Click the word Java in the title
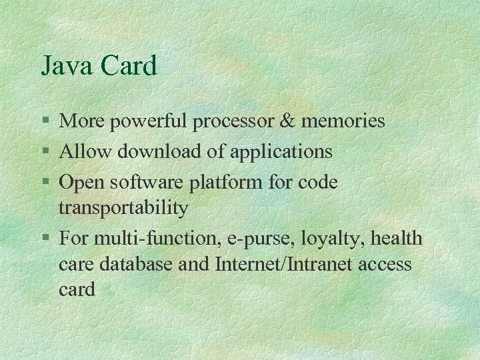click(x=67, y=66)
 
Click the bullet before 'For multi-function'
click(x=45, y=238)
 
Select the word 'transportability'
click(x=123, y=208)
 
